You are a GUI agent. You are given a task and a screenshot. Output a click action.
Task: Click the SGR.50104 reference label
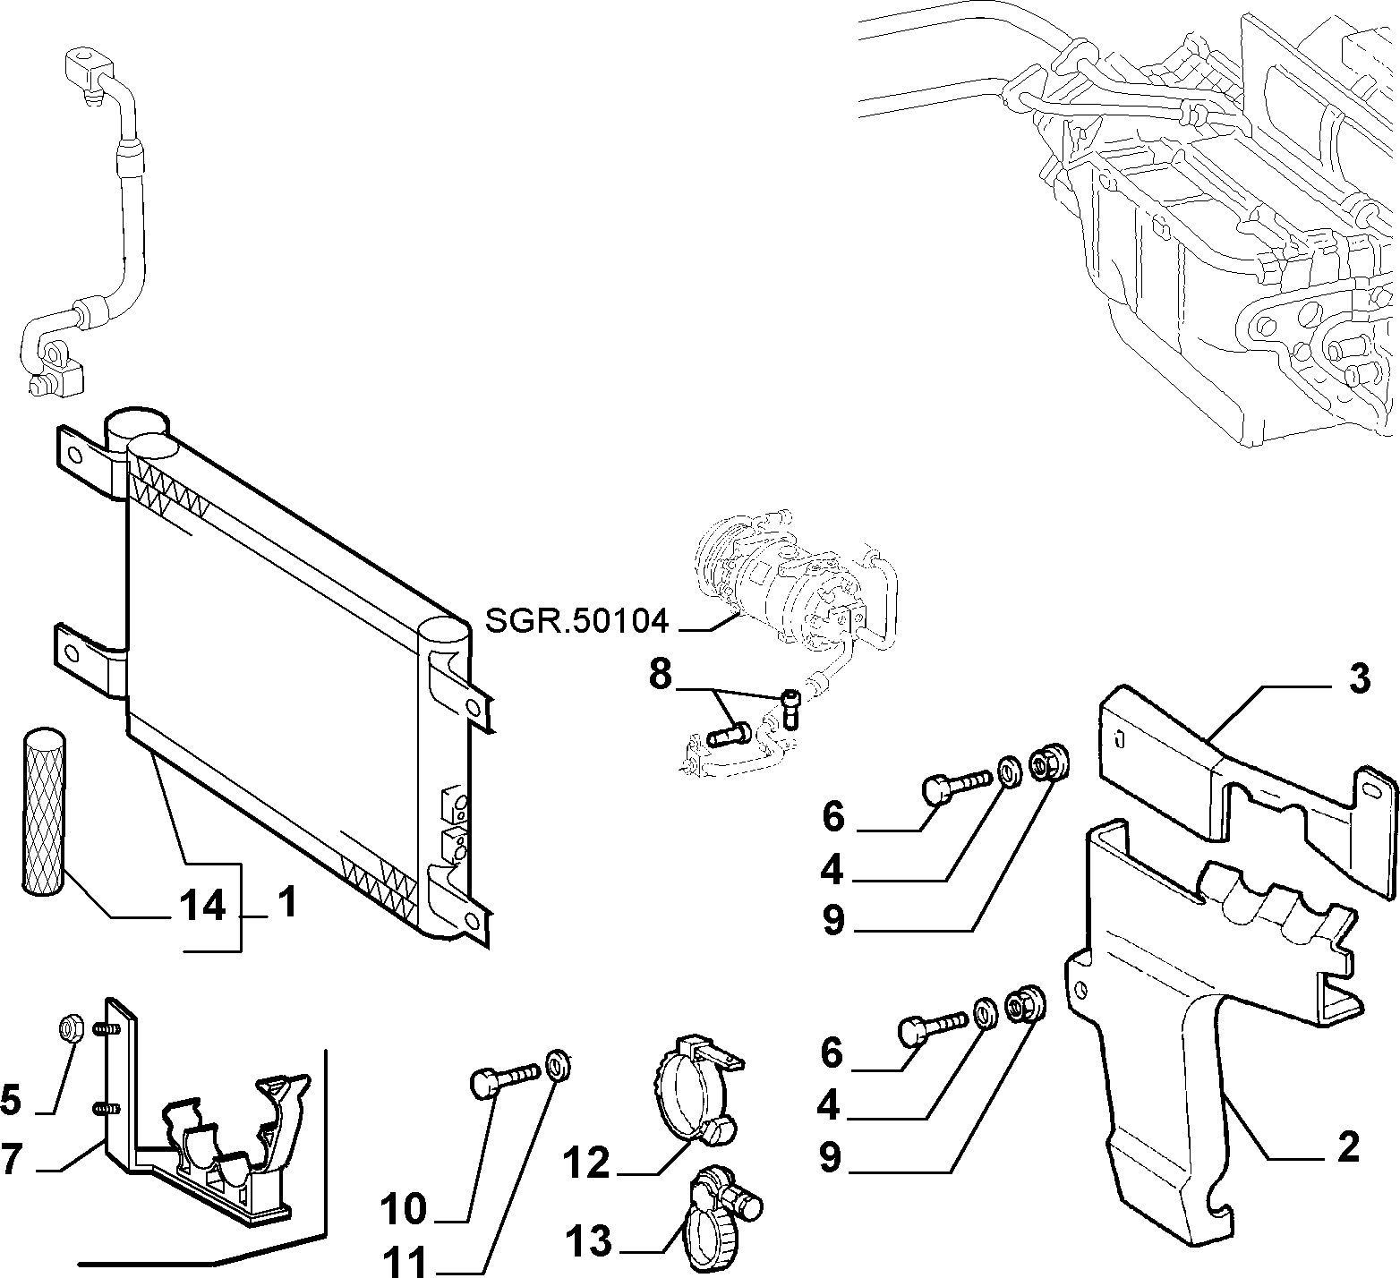pyautogui.click(x=577, y=619)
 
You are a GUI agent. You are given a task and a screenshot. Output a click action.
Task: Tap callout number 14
pyautogui.click(x=202, y=907)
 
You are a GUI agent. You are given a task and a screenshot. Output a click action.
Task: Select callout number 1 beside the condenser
pyautogui.click(x=286, y=905)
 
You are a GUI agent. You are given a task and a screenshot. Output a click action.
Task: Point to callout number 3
pyautogui.click(x=1359, y=679)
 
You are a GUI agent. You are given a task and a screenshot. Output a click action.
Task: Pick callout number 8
pyautogui.click(x=660, y=674)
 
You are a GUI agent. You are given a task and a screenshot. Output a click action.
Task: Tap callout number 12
pyautogui.click(x=586, y=1163)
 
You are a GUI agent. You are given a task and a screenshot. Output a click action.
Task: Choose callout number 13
pyautogui.click(x=588, y=1241)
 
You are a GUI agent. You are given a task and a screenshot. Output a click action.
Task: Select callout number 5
pyautogui.click(x=11, y=1099)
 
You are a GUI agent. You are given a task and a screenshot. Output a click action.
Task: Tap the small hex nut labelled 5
pyautogui.click(x=71, y=1029)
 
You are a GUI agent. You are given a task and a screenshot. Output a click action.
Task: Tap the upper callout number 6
pyautogui.click(x=832, y=816)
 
